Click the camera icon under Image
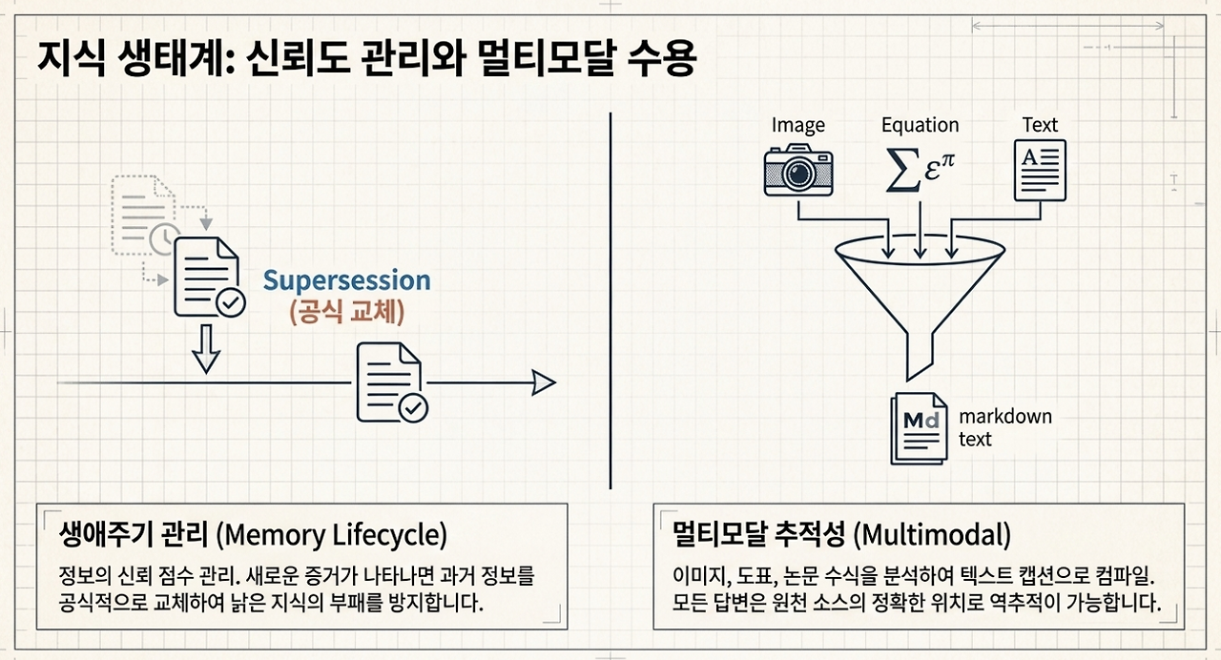[798, 170]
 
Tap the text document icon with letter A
[1040, 170]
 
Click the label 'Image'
[798, 125]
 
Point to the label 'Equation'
[921, 125]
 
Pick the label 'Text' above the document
[1040, 125]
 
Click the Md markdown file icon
[920, 428]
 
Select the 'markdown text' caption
[1005, 427]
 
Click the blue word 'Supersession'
[346, 280]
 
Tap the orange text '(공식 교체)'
[346, 312]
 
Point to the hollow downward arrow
[206, 349]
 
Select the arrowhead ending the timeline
[544, 382]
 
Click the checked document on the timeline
[391, 382]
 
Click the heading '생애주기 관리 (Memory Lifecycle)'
[253, 534]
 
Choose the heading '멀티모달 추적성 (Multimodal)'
[841, 534]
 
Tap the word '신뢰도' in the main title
[298, 58]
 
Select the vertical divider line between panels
[610, 300]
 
